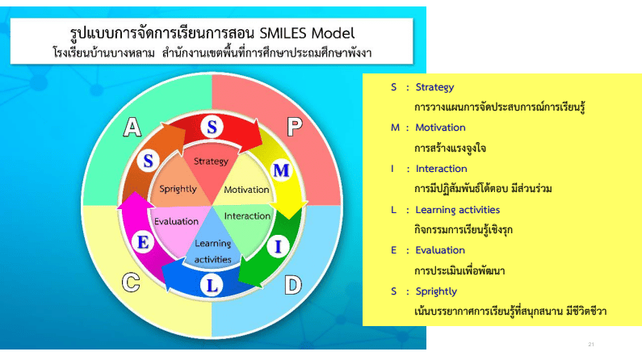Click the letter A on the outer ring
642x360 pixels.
pos(132,127)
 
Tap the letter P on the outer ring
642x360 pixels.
pos(295,127)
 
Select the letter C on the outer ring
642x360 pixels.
pos(131,283)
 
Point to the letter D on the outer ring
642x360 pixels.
pos(293,285)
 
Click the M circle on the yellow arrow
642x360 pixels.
pos(281,170)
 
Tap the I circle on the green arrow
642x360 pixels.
pos(279,247)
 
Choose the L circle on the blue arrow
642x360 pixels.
pos(212,285)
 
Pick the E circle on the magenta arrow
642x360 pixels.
pos(143,243)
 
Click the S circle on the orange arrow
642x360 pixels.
pos(149,161)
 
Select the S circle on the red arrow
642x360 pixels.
pos(212,127)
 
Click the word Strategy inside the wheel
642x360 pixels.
pos(211,161)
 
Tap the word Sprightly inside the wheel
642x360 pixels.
pos(178,189)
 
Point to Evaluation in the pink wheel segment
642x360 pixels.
pos(177,221)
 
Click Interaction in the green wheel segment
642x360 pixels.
pos(247,216)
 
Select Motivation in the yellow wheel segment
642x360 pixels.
pos(246,190)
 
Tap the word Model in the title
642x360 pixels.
pos(334,33)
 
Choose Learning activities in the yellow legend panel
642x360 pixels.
pos(458,210)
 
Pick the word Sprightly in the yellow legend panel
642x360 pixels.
pos(436,291)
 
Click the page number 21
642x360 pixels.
pos(591,345)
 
